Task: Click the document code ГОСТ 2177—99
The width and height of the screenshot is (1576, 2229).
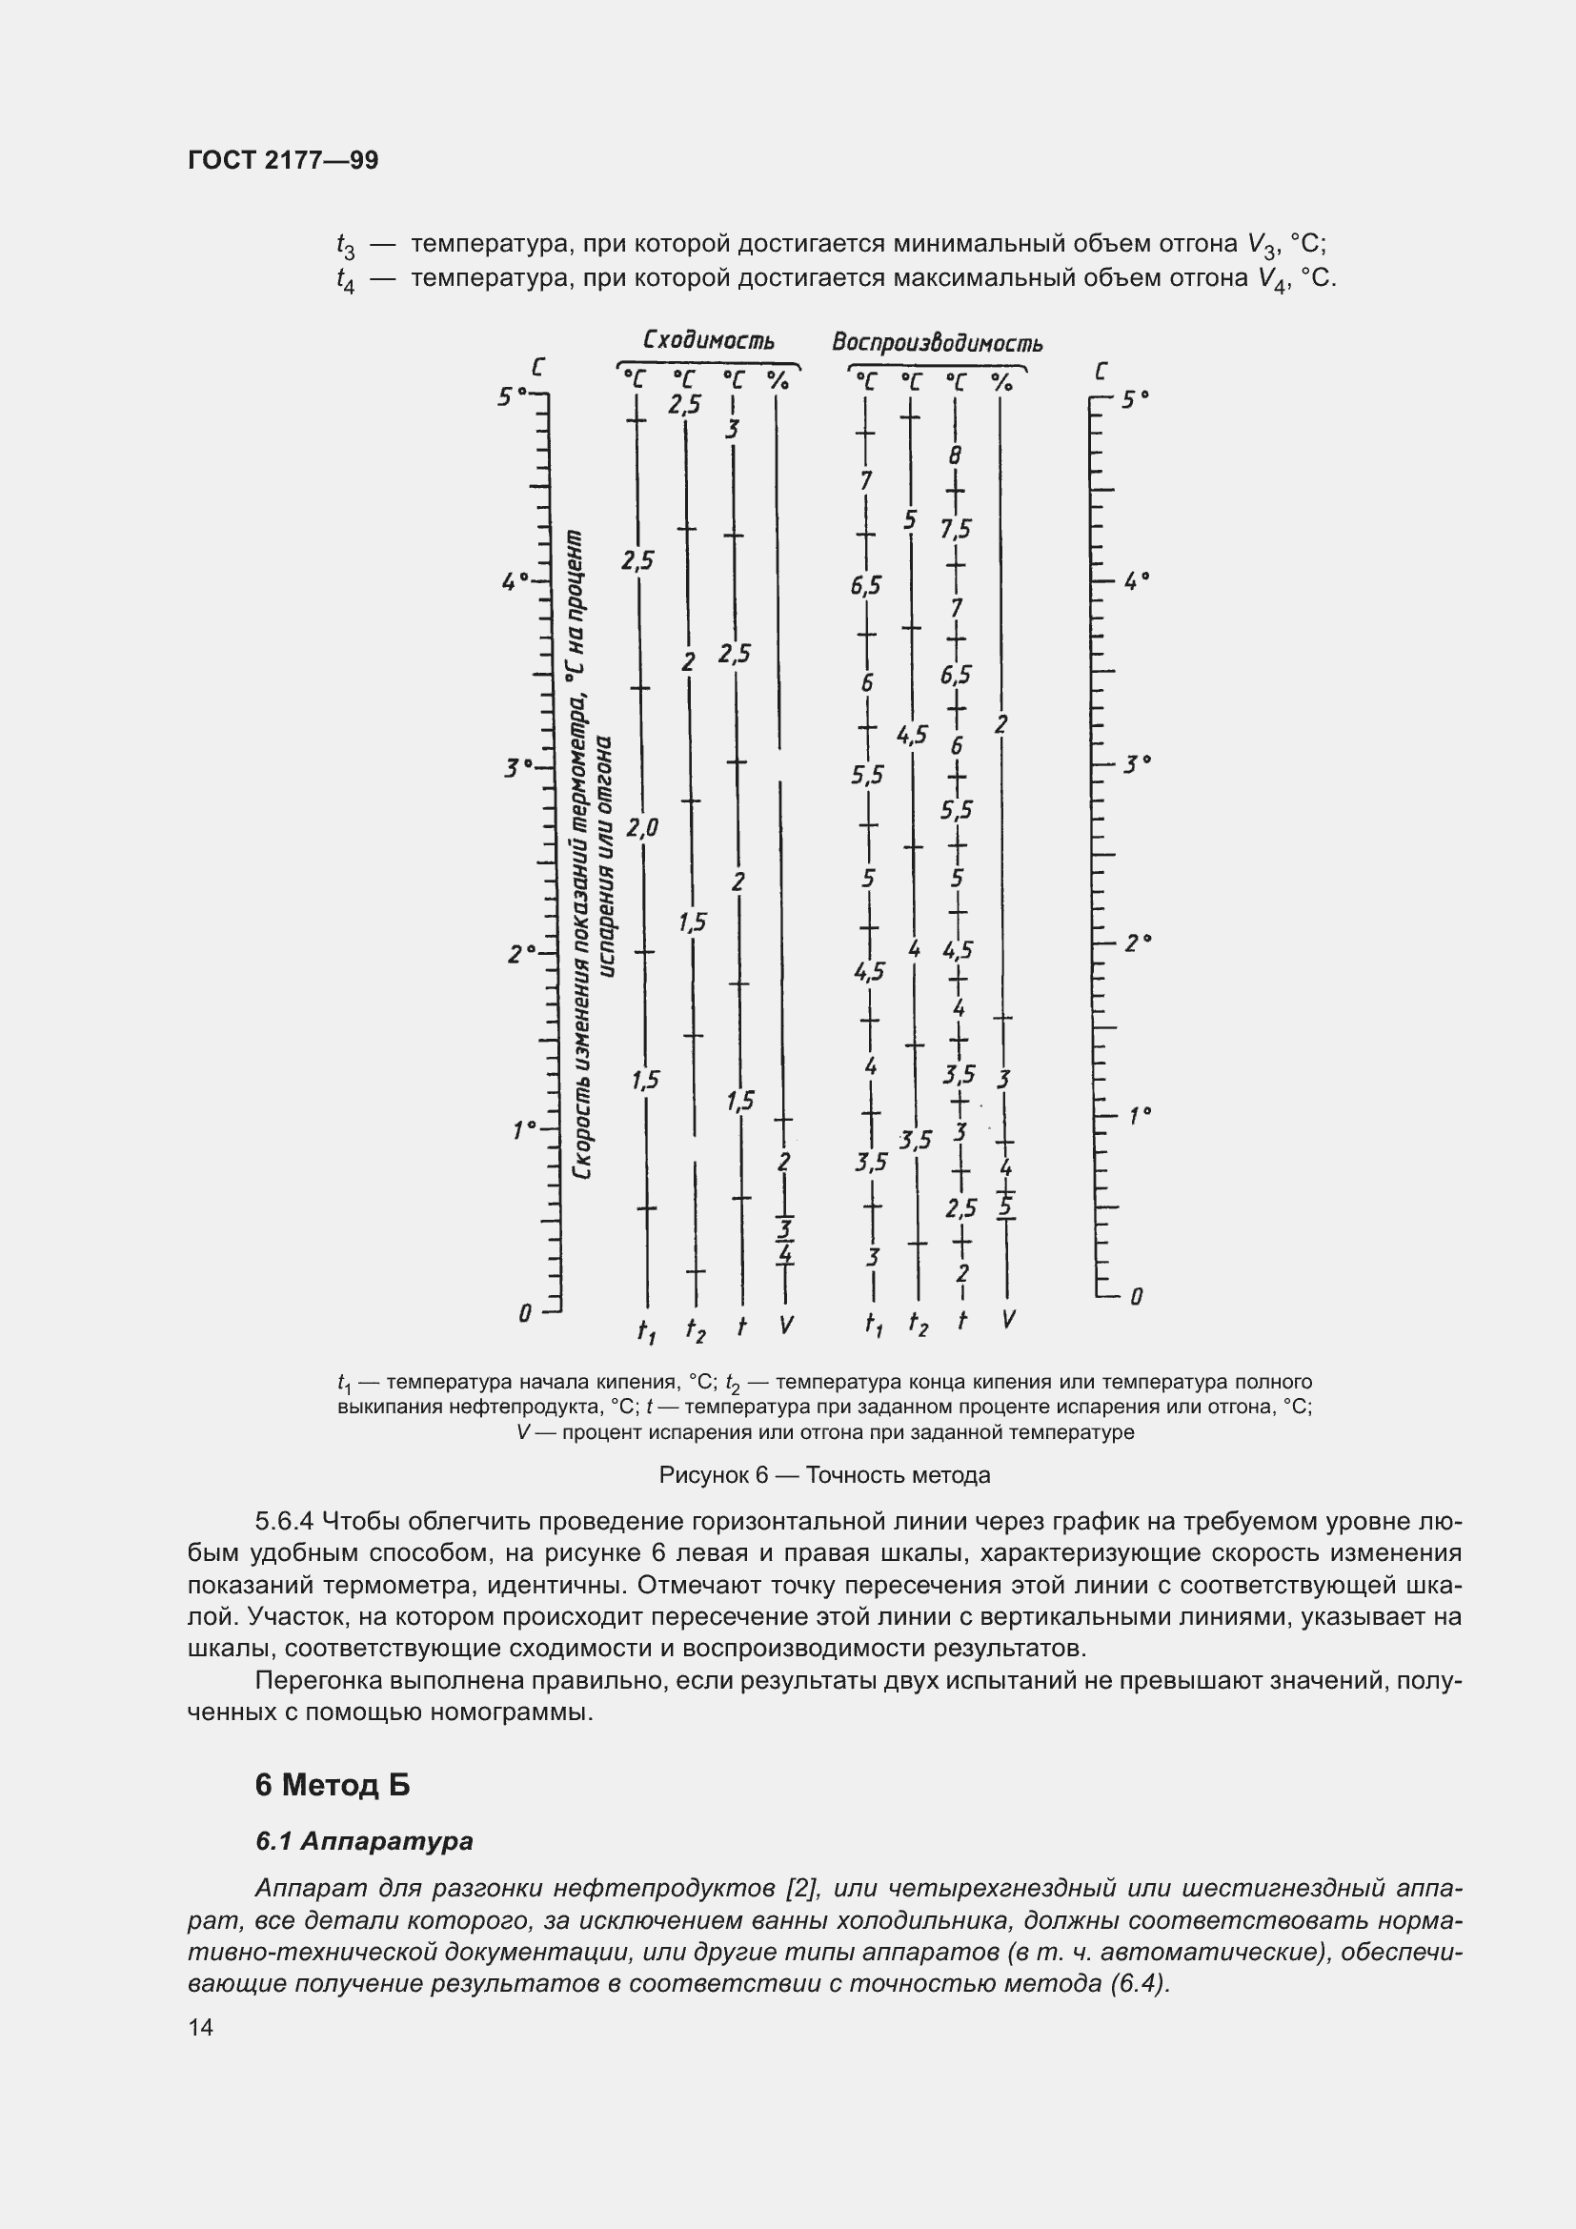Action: pos(282,160)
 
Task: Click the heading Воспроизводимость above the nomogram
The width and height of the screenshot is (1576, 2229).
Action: pos(937,343)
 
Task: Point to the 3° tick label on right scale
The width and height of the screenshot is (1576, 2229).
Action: pos(1137,764)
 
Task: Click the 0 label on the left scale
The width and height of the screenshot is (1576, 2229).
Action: pos(525,1313)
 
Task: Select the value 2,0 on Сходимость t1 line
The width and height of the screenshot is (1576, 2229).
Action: pos(642,827)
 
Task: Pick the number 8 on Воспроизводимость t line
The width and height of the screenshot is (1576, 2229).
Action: pos(955,456)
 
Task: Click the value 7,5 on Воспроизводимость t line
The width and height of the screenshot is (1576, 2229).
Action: pos(955,529)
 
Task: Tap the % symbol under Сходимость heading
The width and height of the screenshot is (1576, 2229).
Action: pos(778,379)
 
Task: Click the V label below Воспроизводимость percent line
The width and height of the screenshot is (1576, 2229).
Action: pos(1008,1319)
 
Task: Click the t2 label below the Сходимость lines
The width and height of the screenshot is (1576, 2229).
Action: pos(695,1329)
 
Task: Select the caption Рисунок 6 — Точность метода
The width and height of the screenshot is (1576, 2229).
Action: pos(824,1474)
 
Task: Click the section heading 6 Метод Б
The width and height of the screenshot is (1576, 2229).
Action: pos(332,1784)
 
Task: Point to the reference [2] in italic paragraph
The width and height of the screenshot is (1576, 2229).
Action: pos(801,1888)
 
